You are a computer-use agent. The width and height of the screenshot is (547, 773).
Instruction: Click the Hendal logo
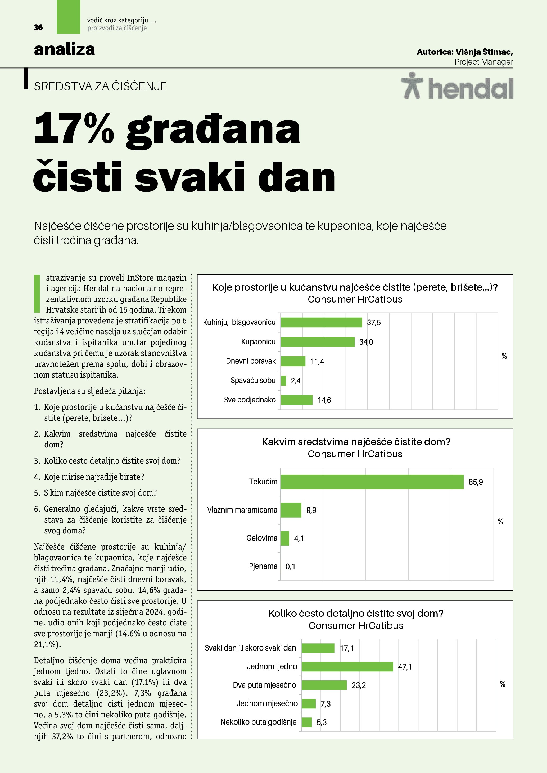pos(457,86)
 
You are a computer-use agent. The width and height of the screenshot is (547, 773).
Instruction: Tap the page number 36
pos(38,28)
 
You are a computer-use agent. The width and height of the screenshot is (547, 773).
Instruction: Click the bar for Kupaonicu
pos(317,342)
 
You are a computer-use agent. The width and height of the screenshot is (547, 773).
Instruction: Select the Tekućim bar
pos(372,482)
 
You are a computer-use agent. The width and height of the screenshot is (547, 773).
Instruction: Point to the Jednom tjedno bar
pos(347,667)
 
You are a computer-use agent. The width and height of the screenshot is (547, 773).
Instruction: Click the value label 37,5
pos(374,323)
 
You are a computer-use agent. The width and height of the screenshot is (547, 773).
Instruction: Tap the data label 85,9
pos(475,482)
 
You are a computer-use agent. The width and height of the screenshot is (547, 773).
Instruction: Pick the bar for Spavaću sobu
pos(283,381)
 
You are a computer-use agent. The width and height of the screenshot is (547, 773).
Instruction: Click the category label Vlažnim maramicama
pos(242,510)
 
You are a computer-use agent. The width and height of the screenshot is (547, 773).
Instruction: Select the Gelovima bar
pos(285,538)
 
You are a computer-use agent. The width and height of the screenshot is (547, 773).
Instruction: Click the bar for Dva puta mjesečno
pos(324,685)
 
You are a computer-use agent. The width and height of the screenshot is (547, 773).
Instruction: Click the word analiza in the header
pos(64,49)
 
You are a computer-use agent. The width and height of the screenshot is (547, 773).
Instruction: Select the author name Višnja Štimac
pos(484,52)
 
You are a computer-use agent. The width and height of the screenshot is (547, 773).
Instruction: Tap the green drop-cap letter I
pos(37,293)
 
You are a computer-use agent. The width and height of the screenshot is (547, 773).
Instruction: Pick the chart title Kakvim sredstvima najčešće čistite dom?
pos(356,442)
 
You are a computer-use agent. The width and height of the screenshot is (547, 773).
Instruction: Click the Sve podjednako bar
pos(296,400)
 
